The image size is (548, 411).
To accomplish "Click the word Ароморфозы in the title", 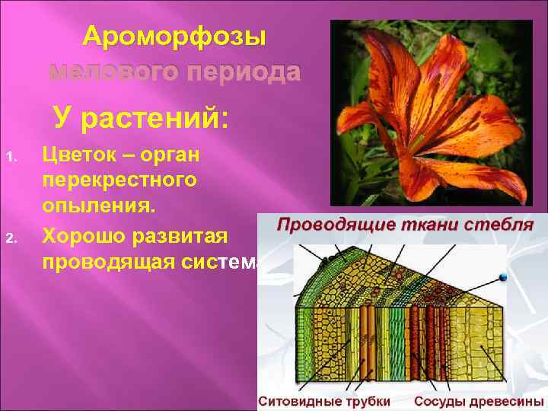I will tap(174, 36).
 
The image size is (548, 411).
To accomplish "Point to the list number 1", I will tap(11, 158).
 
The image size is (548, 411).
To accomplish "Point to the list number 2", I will tap(11, 241).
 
